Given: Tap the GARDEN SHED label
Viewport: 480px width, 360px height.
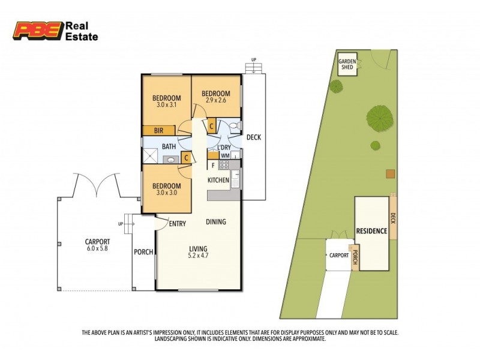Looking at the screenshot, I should [347, 65].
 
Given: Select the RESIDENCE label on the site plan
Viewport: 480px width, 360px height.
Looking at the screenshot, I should [372, 231].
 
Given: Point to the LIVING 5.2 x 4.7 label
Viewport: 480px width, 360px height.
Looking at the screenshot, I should [198, 252].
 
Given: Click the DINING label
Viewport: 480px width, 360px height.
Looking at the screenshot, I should [216, 222].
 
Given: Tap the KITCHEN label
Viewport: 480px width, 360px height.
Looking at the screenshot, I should [218, 180].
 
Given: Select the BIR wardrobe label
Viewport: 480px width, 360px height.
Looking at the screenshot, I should [159, 131].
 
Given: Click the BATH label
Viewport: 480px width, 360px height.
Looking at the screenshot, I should [169, 146].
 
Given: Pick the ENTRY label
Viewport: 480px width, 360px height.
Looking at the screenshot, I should [177, 224].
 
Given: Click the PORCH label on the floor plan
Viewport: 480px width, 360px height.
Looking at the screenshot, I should [143, 252].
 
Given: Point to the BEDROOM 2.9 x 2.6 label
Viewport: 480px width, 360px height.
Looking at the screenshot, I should [216, 97].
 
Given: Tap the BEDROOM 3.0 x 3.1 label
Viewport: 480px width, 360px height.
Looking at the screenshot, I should [166, 103].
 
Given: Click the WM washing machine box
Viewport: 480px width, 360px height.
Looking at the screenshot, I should [225, 155].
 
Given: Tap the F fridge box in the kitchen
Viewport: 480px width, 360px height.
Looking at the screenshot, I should [213, 164].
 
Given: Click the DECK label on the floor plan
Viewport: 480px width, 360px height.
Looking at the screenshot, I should [254, 137].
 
